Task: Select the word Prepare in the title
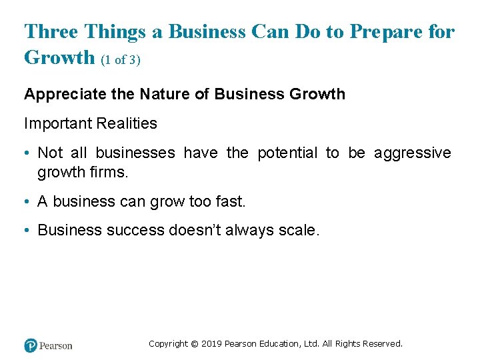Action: click(x=381, y=31)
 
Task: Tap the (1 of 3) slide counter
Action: click(x=121, y=60)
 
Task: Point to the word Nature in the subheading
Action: click(x=163, y=94)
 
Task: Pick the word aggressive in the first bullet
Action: click(x=413, y=153)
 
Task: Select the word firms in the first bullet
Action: click(x=111, y=173)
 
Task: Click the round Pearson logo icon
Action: click(x=31, y=345)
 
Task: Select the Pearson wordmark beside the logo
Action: click(x=56, y=346)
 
